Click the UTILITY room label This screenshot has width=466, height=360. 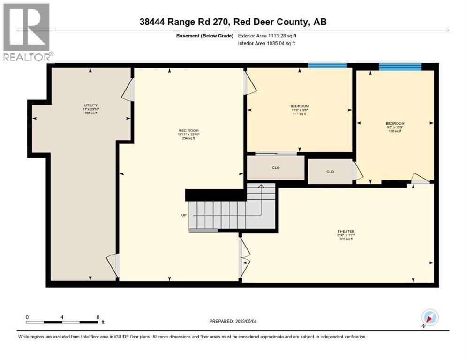pos(90,105)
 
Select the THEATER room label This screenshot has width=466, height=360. pos(346,231)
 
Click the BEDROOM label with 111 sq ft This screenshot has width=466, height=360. pos(300,106)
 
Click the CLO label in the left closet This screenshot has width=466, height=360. pos(276,168)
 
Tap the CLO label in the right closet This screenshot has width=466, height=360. pos(330,172)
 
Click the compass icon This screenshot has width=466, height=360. pos(429,317)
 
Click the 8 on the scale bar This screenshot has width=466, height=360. pos(98,317)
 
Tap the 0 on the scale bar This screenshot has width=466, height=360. pos(27,317)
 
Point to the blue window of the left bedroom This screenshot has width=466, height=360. pos(327,66)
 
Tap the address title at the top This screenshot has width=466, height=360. pos(233,22)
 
